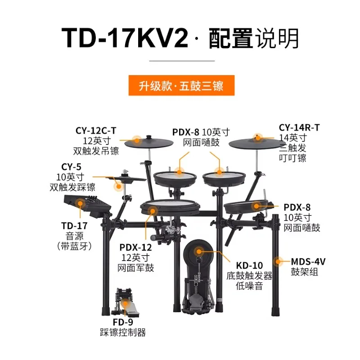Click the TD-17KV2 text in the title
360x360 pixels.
(x=125, y=38)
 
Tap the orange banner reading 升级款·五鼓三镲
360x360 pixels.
(x=181, y=85)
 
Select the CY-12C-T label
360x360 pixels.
(x=96, y=131)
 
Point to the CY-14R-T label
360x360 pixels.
(x=299, y=128)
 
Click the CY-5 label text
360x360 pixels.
(x=71, y=167)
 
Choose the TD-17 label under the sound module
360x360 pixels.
(x=74, y=226)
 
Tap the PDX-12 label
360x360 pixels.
(x=136, y=247)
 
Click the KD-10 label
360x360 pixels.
(x=249, y=265)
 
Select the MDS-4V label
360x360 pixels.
(x=308, y=262)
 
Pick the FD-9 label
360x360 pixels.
(x=123, y=322)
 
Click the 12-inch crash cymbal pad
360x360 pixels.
(x=149, y=142)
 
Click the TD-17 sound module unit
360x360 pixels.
(x=87, y=205)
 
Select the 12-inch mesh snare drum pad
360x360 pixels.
(x=170, y=207)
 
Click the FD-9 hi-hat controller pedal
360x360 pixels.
(x=125, y=302)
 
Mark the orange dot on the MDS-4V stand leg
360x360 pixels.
(x=278, y=261)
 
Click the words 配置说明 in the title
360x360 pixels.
(x=254, y=38)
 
